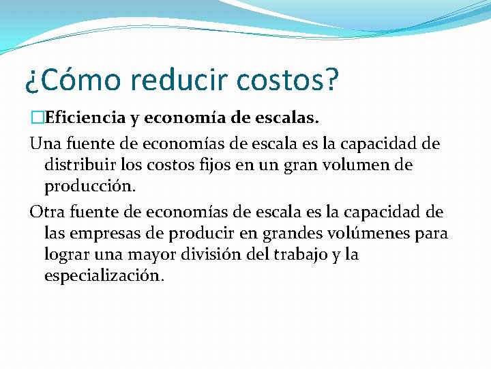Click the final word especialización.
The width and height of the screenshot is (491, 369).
[x=104, y=276]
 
